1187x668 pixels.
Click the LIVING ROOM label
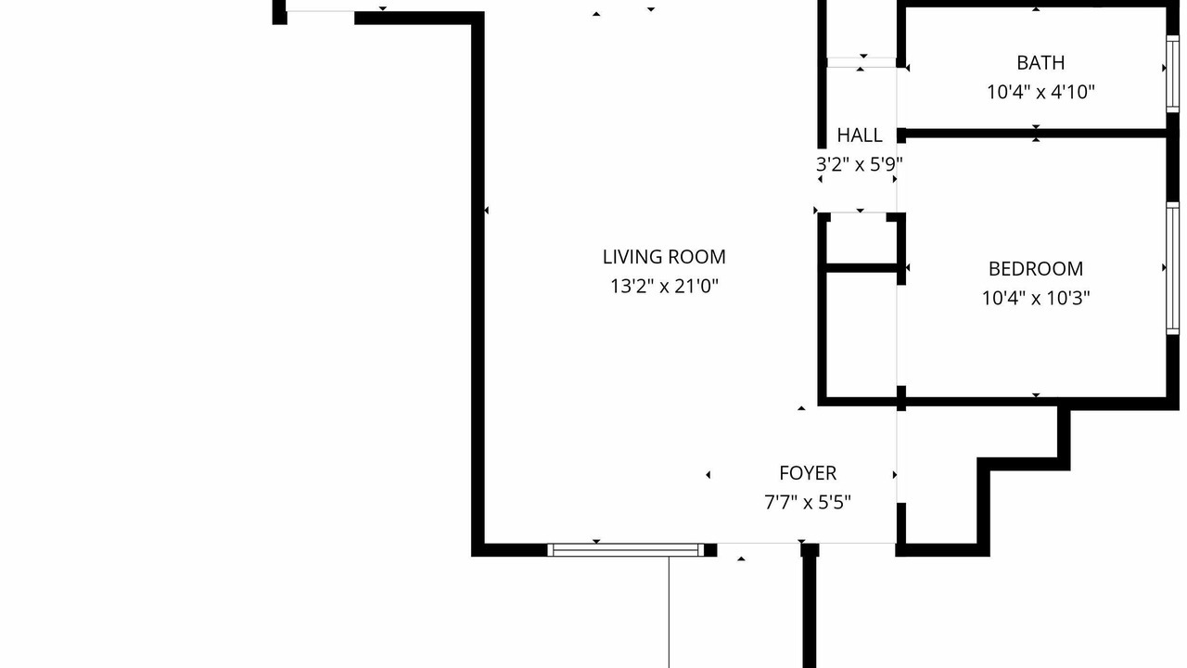pos(664,257)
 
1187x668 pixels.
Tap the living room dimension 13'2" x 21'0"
pos(664,287)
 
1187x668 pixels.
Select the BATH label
pos(1040,63)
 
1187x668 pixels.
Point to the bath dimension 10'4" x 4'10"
pos(1040,92)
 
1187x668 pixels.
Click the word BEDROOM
pos(1036,269)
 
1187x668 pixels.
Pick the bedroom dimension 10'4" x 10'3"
pos(1036,298)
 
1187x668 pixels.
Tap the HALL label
pos(860,135)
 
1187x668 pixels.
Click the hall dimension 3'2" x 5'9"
pos(859,164)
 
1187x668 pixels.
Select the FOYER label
pos(808,473)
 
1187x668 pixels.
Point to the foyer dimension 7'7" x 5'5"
pos(808,502)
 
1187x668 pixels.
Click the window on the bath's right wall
pos(1173,73)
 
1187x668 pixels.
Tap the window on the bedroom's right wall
pos(1173,268)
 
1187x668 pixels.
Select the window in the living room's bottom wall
pos(626,550)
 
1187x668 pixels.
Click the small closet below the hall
pos(861,238)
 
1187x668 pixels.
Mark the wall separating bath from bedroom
pos(1036,133)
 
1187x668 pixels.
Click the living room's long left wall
pos(478,284)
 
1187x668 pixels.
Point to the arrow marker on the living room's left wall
pos(487,211)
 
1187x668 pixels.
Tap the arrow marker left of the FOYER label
pos(708,474)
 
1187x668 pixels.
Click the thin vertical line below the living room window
pos(669,612)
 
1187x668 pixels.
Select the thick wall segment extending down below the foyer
pos(810,606)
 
